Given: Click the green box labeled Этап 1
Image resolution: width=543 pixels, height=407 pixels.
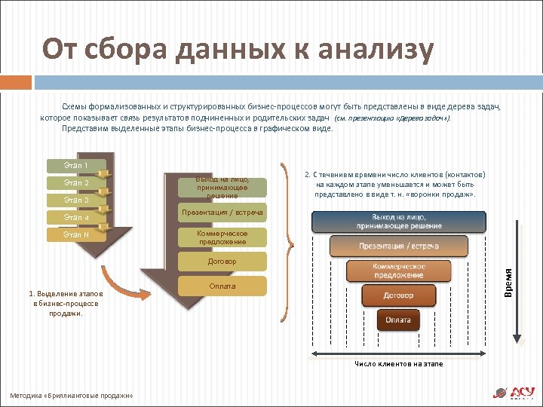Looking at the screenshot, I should point(76,166).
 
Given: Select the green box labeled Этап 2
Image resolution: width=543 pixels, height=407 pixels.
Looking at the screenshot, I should point(76,183).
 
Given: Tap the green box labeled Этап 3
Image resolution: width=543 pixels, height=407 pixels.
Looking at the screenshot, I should point(76,200).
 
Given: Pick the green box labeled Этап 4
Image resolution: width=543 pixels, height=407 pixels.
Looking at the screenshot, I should point(76,218).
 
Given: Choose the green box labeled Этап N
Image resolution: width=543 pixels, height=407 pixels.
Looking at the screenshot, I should point(76,235).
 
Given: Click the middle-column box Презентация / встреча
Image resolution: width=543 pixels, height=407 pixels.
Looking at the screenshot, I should point(222,213).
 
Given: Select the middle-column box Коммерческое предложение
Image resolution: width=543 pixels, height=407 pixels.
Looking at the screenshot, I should point(222,237).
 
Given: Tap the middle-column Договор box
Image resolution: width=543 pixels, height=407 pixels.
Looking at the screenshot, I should point(222,262).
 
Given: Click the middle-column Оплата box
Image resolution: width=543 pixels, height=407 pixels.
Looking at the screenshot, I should point(222,286).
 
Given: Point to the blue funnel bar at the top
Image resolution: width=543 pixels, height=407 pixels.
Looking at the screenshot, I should point(398,222).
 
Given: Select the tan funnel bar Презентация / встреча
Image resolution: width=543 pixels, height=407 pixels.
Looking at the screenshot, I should point(398,246).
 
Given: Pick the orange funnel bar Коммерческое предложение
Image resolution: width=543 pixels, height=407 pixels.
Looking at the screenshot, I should point(398,271).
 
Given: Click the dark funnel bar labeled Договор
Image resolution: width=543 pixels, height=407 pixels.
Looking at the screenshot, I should point(398,295).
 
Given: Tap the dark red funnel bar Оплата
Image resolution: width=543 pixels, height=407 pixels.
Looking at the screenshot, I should point(398,320).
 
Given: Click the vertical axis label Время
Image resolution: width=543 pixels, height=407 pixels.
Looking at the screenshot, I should point(509,283).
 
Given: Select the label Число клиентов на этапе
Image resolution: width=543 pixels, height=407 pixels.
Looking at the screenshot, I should point(399,364).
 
